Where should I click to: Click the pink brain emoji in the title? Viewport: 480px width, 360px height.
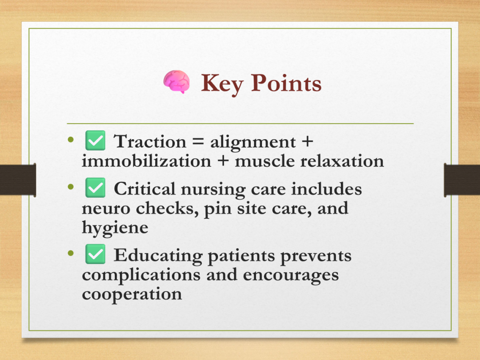point(176,82)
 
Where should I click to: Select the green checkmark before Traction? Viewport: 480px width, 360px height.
point(95,141)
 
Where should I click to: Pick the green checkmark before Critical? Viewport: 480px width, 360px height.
point(95,187)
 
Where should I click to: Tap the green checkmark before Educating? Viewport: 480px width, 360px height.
point(95,254)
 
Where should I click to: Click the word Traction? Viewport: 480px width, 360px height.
point(150,142)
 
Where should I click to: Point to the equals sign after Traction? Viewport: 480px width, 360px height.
point(198,142)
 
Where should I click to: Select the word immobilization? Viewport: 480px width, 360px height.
point(146,161)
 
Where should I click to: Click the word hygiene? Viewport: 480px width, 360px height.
point(115,228)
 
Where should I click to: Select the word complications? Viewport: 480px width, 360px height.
point(141,276)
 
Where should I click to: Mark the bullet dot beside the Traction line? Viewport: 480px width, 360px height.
point(71,140)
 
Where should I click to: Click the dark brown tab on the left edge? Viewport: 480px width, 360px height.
point(18,180)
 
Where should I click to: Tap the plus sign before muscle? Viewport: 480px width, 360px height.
point(223,161)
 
